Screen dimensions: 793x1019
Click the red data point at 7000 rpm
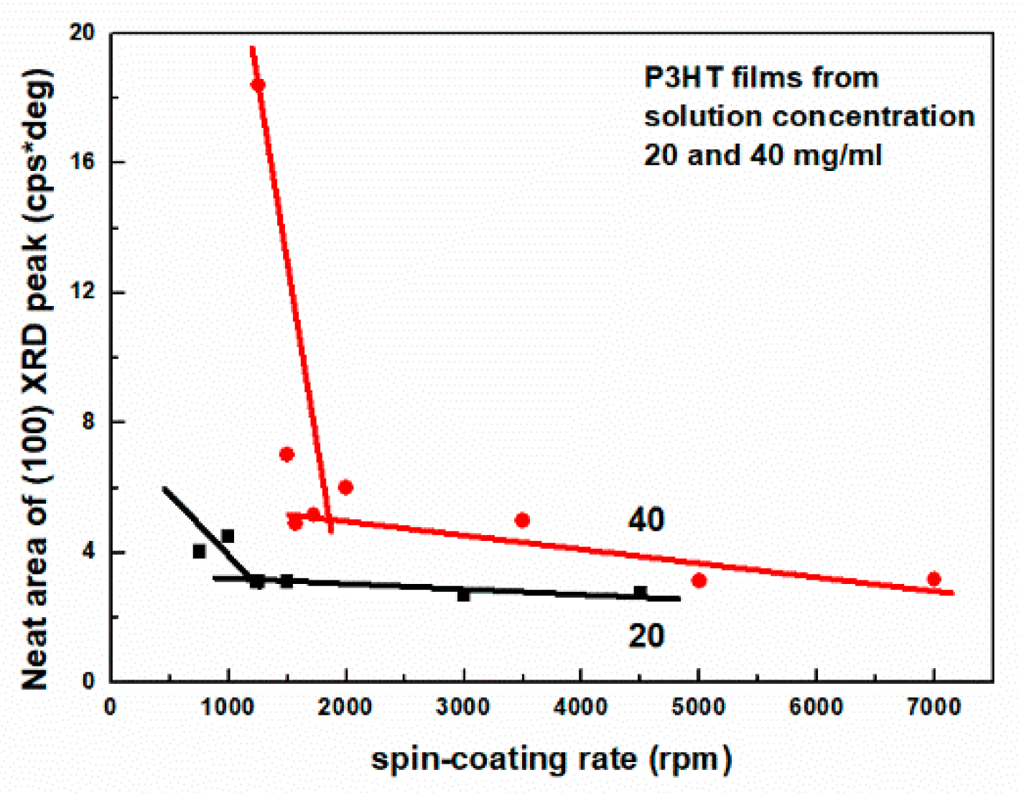click(934, 579)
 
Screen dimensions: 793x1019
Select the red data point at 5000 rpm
click(699, 580)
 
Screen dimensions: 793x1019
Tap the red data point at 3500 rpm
click(522, 520)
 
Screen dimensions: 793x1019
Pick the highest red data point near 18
click(258, 85)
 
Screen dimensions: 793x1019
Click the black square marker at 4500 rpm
click(640, 593)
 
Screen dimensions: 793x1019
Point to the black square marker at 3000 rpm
click(463, 595)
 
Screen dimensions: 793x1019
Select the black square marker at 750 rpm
click(199, 552)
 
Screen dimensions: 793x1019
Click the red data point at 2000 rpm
click(345, 487)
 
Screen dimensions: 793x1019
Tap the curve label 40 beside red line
click(646, 519)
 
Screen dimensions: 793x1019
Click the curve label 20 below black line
click(646, 636)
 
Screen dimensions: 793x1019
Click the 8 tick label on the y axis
click(88, 422)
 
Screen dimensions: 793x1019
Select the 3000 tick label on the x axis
click(462, 707)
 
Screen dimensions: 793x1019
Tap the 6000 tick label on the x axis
click(816, 707)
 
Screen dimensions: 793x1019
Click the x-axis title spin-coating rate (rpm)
click(551, 759)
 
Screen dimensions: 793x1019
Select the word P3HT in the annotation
click(682, 77)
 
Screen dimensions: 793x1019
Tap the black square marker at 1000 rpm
click(228, 536)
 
